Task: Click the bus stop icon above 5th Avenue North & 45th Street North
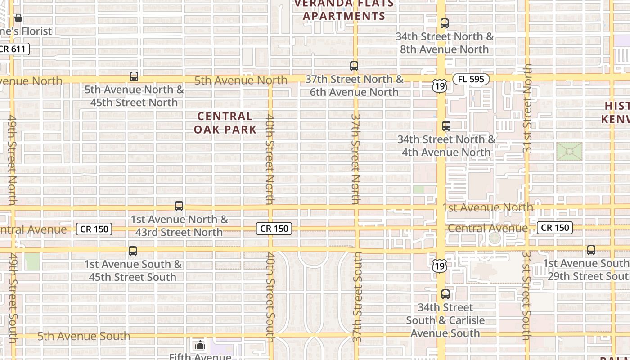point(134,76)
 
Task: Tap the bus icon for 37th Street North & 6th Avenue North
point(354,66)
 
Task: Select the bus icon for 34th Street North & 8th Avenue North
point(445,23)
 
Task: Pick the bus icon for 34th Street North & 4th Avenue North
point(446,126)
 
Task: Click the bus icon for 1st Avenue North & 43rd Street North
point(179,206)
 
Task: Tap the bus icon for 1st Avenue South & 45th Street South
point(132,251)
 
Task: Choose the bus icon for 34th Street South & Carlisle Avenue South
point(445,295)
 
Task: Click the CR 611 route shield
point(14,49)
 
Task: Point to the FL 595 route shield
point(471,79)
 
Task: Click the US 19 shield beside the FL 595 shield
point(440,85)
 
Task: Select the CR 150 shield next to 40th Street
point(274,229)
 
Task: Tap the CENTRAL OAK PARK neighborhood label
point(225,123)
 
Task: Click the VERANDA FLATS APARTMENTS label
point(344,10)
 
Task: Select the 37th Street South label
point(357,297)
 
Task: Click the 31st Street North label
point(527,108)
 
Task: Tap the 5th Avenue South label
point(84,336)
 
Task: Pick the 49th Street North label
point(12,160)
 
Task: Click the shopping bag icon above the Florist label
point(18,18)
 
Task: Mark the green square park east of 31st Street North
point(569,152)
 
